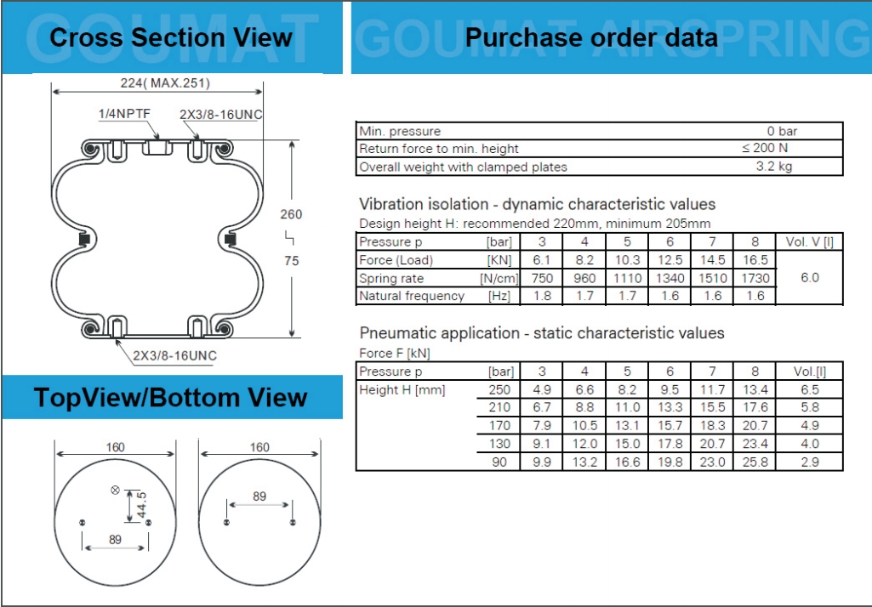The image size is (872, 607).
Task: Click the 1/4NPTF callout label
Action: pyautogui.click(x=124, y=114)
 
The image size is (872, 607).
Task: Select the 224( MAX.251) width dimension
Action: pyautogui.click(x=165, y=83)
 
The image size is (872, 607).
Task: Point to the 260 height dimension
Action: pyautogui.click(x=291, y=214)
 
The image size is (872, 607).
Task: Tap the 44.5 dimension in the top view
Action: pyautogui.click(x=141, y=505)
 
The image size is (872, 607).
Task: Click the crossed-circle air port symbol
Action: pyautogui.click(x=115, y=490)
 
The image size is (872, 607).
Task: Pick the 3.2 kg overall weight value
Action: pyautogui.click(x=773, y=167)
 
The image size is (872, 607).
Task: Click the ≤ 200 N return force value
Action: pyautogui.click(x=765, y=148)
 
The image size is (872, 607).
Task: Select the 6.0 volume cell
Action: pyautogui.click(x=810, y=277)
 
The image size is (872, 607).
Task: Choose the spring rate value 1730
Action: pyautogui.click(x=755, y=278)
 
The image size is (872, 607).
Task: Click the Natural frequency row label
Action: pyautogui.click(x=412, y=296)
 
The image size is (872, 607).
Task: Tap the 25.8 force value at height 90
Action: pyautogui.click(x=755, y=462)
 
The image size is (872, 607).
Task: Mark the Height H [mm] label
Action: pyautogui.click(x=402, y=389)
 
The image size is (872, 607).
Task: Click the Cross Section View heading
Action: pyautogui.click(x=171, y=37)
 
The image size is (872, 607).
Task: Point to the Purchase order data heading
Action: pyautogui.click(x=591, y=37)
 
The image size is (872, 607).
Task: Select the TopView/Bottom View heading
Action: pyautogui.click(x=171, y=398)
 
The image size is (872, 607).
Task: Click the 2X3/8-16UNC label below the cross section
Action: pyautogui.click(x=174, y=355)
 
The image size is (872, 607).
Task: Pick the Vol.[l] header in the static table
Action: pyautogui.click(x=810, y=372)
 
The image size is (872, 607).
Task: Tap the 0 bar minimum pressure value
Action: pyautogui.click(x=782, y=131)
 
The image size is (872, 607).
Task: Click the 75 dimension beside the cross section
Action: pyautogui.click(x=292, y=261)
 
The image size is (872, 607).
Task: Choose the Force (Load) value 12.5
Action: pyautogui.click(x=670, y=259)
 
